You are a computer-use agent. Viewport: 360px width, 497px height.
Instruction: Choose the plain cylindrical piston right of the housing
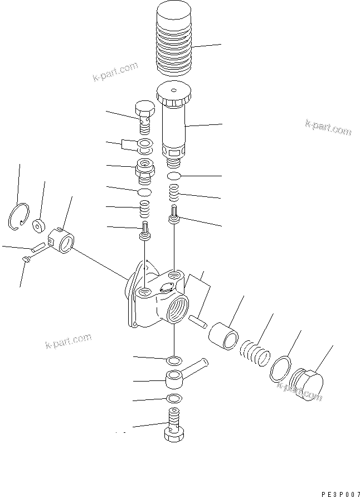pyautogui.click(x=223, y=336)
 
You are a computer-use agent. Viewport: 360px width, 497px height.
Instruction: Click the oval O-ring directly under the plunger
pyautogui.click(x=174, y=176)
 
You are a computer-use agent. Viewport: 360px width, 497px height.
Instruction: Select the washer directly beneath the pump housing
pyautogui.click(x=173, y=358)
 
